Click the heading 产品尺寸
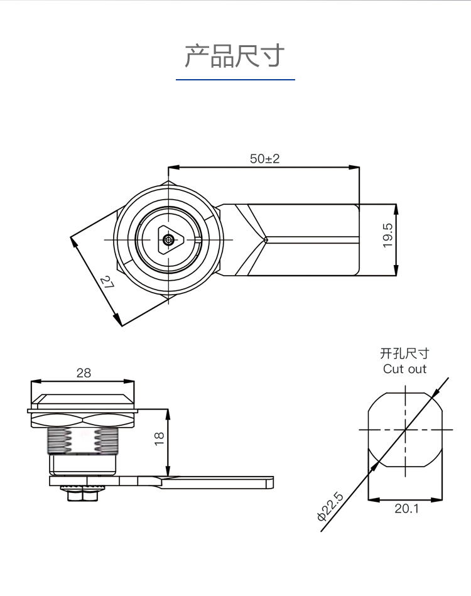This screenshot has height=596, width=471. tap(235, 56)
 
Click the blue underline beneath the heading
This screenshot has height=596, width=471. tap(235, 80)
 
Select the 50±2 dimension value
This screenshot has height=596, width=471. tap(264, 159)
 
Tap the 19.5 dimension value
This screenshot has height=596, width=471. tap(387, 236)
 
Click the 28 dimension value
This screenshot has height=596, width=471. tap(84, 372)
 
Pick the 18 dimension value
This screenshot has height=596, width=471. tap(159, 436)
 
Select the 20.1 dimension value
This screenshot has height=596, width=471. tap(406, 508)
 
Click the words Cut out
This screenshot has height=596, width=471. tap(404, 369)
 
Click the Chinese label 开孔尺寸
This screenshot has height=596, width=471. tap(404, 354)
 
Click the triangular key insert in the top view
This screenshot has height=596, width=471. tap(169, 240)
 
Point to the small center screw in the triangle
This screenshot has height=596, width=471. tap(168, 240)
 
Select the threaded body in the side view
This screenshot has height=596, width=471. tap(82, 442)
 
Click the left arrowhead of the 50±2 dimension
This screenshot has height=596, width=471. tap(171, 167)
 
